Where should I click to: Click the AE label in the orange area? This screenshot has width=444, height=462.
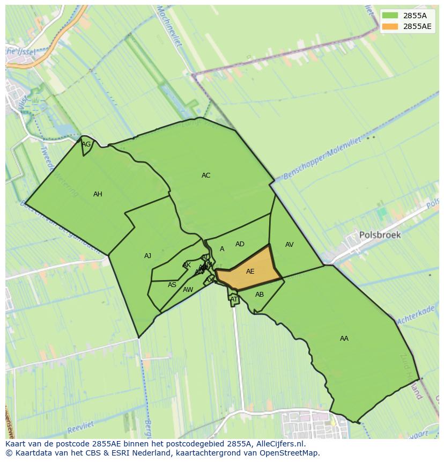250,272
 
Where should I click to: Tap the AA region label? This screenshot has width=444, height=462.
344,339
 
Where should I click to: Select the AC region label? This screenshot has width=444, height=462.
206,175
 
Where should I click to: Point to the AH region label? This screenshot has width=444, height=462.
98,194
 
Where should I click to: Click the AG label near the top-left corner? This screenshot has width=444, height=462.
86,144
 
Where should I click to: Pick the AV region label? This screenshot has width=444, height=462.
290,245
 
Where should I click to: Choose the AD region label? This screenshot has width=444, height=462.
240,244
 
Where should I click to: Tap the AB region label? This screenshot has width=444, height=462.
260,295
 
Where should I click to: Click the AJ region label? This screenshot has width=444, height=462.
147,256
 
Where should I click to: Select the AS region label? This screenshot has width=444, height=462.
172,285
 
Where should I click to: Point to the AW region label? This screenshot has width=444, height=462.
188,290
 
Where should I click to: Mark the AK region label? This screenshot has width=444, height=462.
187,265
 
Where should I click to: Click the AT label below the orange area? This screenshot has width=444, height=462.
234,299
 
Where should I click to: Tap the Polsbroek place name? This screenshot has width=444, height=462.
380,235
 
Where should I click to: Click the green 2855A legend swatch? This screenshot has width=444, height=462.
390,16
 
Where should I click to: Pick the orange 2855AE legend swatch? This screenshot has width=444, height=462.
390,26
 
